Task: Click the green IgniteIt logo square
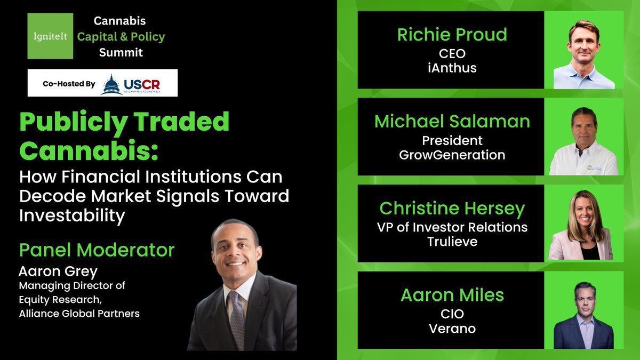(x=50, y=36)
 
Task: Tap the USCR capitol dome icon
(x=111, y=84)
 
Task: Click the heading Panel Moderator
(x=97, y=250)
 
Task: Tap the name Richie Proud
(x=452, y=35)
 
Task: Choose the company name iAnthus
(x=452, y=68)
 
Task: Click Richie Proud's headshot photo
(x=584, y=50)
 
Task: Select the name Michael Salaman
(x=452, y=121)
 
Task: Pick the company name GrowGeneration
(x=452, y=155)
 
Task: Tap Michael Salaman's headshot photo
(x=584, y=137)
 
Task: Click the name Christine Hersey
(x=452, y=208)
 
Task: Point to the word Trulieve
(x=452, y=242)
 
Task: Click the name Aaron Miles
(x=452, y=295)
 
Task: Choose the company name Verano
(x=452, y=329)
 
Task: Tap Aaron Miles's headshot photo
(x=584, y=311)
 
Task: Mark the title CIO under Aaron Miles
(x=452, y=314)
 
